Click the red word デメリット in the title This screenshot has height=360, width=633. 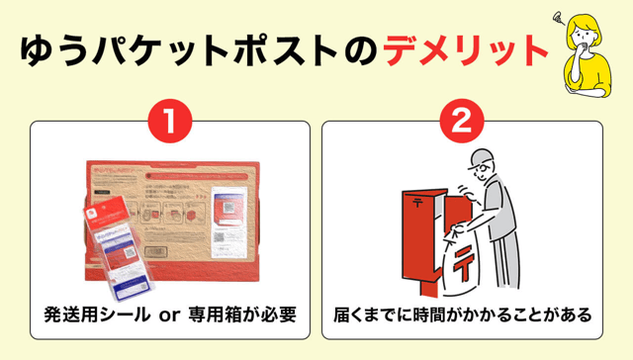(465, 50)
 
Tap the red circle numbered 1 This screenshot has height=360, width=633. (168, 122)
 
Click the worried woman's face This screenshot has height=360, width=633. (587, 35)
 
